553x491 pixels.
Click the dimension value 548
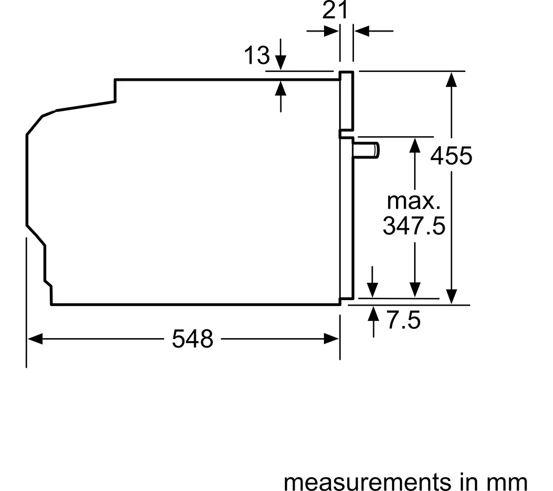click(192, 339)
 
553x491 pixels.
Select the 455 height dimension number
click(451, 156)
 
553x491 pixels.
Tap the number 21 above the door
click(335, 10)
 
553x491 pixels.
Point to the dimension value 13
click(257, 55)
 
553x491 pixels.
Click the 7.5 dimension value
click(404, 320)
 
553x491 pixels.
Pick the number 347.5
click(414, 226)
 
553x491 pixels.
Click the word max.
click(414, 201)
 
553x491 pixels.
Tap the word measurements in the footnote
click(367, 482)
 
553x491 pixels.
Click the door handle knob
click(366, 149)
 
